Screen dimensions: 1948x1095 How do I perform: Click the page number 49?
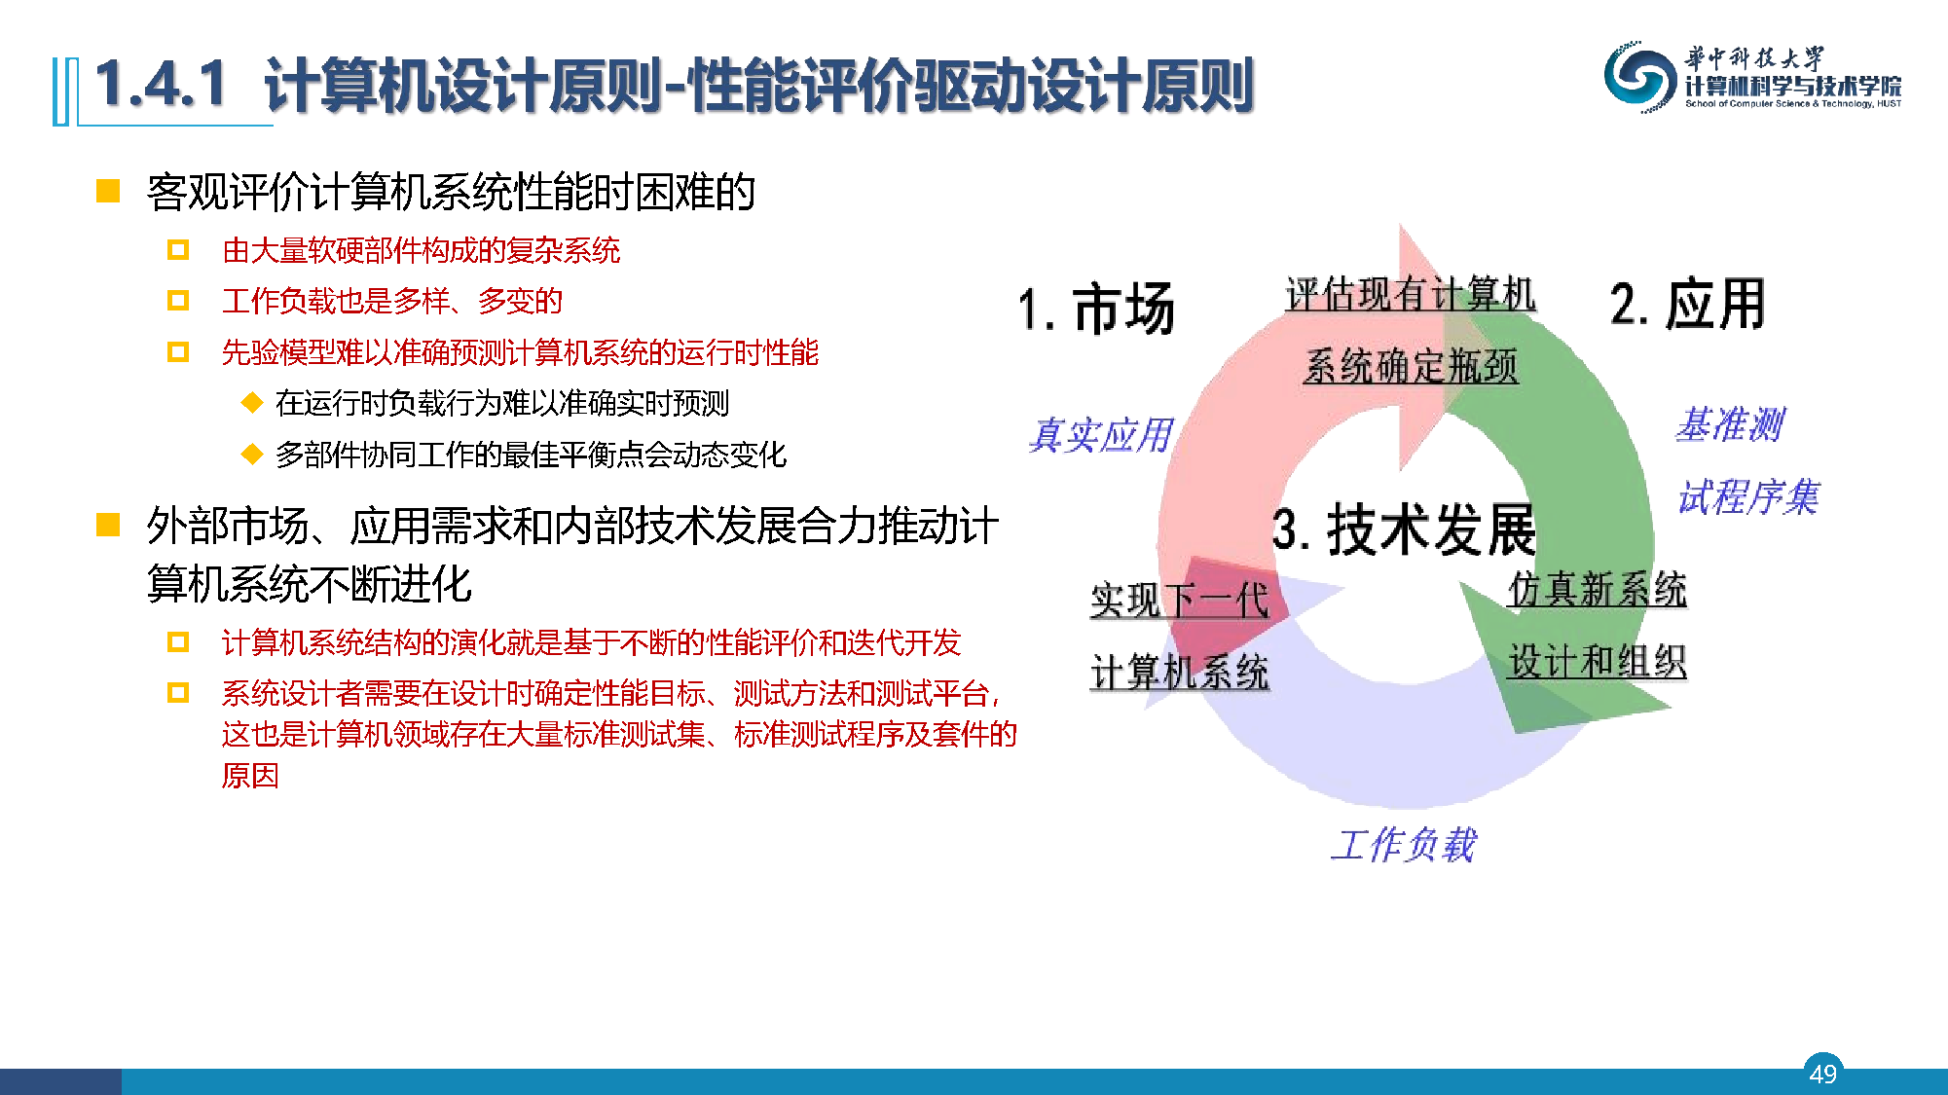1822,1074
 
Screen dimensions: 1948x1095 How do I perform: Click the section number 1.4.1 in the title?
161,84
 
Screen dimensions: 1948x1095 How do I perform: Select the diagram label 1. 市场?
1096,310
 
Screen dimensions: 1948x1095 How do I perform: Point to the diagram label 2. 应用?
1687,304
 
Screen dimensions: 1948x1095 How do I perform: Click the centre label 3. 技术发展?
1404,529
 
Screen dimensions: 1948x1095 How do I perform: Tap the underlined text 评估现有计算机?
1410,294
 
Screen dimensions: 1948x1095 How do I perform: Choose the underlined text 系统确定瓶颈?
1411,366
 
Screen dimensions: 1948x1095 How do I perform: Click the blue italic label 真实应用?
1101,435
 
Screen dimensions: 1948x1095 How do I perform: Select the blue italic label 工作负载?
1404,845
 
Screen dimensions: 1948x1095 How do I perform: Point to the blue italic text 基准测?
1730,424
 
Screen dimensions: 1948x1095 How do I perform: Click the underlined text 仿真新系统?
1597,589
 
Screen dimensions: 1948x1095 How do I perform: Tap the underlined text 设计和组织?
1597,662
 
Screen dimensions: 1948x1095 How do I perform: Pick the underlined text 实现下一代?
1180,601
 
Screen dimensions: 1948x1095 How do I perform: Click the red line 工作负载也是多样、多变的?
392,301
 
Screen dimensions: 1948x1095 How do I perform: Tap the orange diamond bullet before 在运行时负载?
252,402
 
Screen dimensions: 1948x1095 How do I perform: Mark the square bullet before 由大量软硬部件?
177,250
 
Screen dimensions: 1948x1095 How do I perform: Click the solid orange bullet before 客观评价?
108,191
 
